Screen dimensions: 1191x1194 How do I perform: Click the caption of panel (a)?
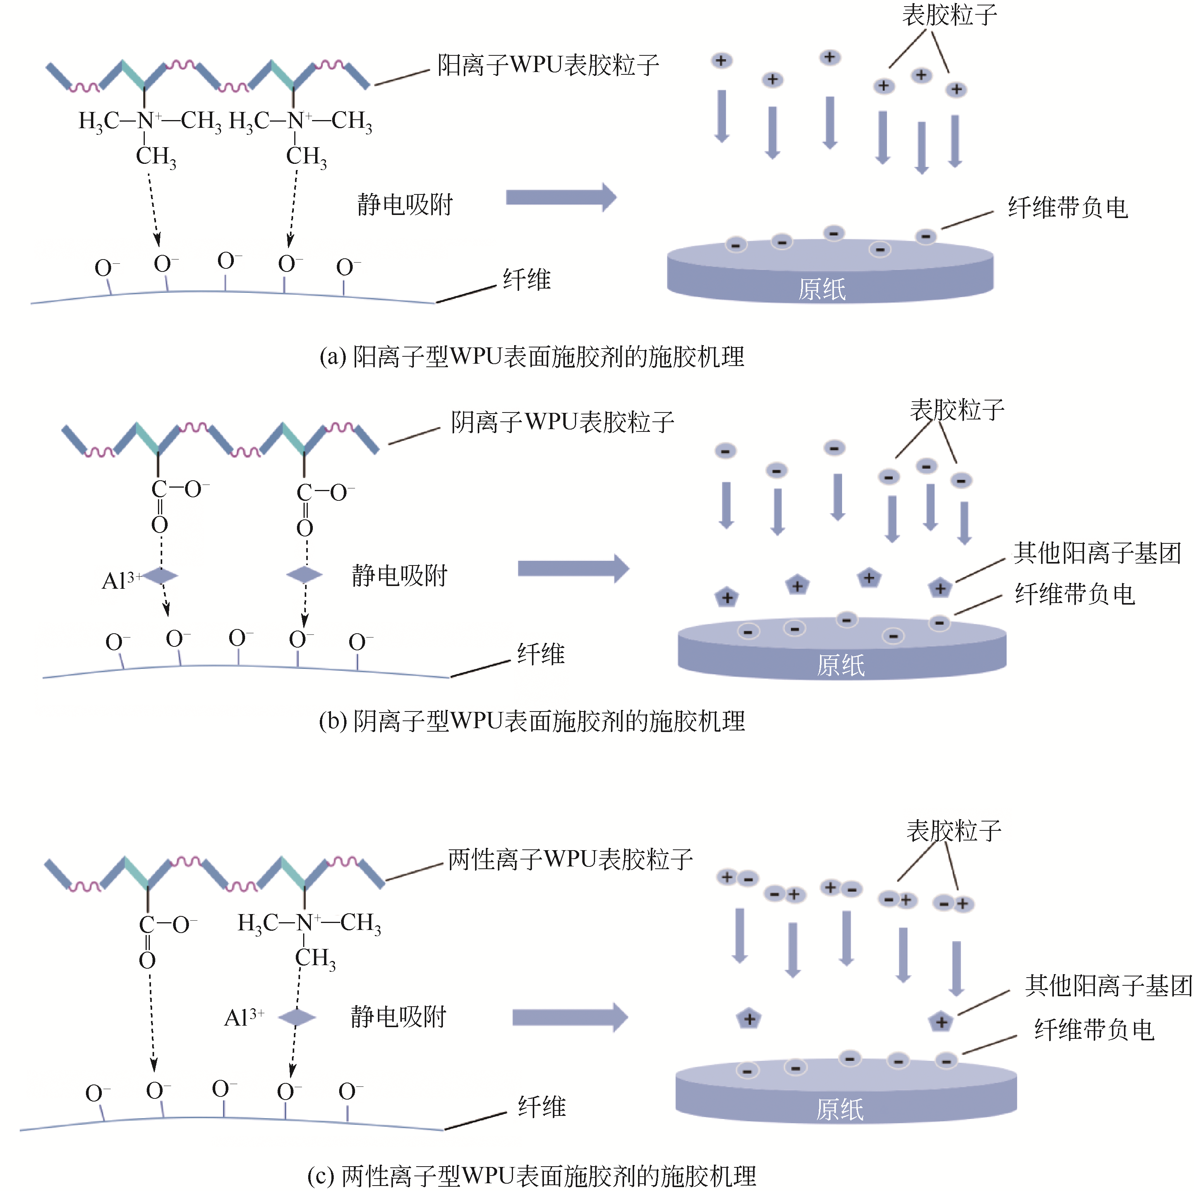click(x=532, y=357)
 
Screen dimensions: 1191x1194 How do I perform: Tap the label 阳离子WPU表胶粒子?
click(x=548, y=65)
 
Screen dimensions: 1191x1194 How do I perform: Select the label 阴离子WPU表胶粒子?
click(x=563, y=422)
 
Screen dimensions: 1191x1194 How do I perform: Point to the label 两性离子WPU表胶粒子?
click(x=570, y=859)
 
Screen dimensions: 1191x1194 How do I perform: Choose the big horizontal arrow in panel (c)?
click(x=569, y=1017)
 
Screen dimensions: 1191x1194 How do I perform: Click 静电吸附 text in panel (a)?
click(x=405, y=205)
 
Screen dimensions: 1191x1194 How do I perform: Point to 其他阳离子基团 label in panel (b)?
click(x=1097, y=553)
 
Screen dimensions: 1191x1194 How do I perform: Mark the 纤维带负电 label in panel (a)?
click(x=1067, y=208)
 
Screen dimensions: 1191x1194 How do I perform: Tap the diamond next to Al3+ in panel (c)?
click(x=297, y=1017)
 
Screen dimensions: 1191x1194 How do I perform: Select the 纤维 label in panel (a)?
click(x=527, y=280)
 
